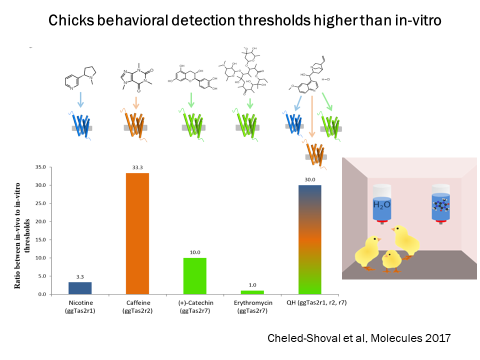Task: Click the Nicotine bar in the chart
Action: (80, 288)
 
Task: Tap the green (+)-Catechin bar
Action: (195, 275)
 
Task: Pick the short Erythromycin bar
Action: (252, 292)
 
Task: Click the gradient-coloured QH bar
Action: (310, 239)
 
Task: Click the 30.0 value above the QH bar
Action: (310, 180)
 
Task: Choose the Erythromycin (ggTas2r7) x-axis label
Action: (252, 307)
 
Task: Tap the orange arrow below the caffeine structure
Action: (136, 102)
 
